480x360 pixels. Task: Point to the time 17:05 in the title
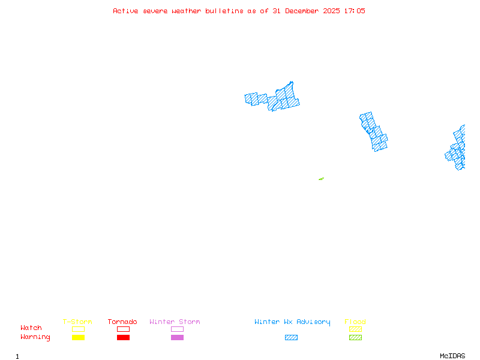point(354,11)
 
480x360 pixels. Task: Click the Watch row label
point(31,328)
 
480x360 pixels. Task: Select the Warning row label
point(35,337)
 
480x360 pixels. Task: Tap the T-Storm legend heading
point(77,322)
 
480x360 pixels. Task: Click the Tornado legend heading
point(122,322)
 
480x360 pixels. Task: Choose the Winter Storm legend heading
point(175,322)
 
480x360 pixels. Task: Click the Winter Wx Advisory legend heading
point(292,322)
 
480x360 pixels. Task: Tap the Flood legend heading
point(355,322)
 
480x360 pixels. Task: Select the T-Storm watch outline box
point(78,329)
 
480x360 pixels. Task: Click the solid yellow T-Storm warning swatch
point(78,338)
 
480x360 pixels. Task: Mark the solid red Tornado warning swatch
point(123,338)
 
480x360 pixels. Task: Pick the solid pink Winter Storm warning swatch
point(177,338)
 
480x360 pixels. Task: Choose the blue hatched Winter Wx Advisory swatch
point(291,338)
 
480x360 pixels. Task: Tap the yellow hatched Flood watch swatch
point(355,329)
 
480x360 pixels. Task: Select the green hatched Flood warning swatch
point(355,338)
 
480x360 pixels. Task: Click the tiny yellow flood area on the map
point(321,179)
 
